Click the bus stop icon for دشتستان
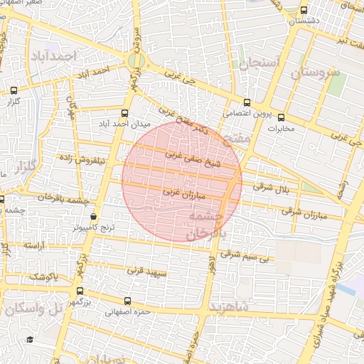[x=304, y=11]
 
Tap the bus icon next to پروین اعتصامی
[x=247, y=102]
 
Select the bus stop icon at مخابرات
[x=281, y=118]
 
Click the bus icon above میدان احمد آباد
[x=125, y=113]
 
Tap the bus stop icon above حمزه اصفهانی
[x=127, y=301]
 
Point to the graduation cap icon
[x=29, y=339]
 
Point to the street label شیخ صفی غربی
[x=194, y=159]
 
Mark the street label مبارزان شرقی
[x=301, y=212]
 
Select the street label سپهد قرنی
[x=146, y=271]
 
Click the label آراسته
[x=37, y=245]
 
